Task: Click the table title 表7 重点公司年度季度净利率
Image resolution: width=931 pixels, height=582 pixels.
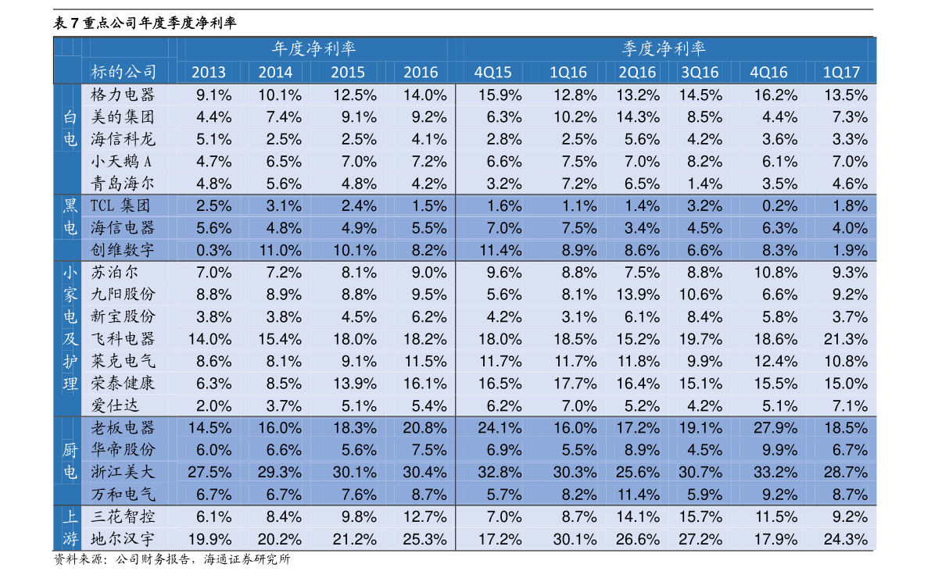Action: [145, 23]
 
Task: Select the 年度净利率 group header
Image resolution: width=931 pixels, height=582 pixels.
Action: [313, 48]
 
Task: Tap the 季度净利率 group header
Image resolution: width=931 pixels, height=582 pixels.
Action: [663, 48]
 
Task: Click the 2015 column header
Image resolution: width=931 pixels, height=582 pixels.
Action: [347, 73]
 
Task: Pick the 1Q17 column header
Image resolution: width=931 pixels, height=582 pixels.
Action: [841, 73]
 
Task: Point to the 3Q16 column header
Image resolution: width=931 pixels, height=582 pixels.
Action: [700, 73]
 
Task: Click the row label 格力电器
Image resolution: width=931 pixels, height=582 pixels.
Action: [123, 95]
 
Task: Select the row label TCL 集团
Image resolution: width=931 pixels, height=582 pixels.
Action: [120, 206]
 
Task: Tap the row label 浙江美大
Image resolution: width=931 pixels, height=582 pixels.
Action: [123, 473]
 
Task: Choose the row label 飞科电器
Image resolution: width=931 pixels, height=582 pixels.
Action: [123, 339]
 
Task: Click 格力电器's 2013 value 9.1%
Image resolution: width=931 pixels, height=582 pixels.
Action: [213, 95]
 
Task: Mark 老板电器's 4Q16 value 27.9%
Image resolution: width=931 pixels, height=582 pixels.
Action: [775, 428]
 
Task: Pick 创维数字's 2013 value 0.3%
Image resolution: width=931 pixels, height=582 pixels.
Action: [213, 250]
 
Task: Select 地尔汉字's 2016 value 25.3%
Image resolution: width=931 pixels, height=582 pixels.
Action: [424, 539]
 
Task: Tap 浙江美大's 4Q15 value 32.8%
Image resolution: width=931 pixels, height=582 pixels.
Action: [500, 473]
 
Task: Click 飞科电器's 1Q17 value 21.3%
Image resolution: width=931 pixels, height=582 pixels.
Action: [846, 339]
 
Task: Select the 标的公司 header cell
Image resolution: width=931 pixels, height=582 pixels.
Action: [123, 73]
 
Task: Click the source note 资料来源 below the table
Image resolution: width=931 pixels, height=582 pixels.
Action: [172, 559]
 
